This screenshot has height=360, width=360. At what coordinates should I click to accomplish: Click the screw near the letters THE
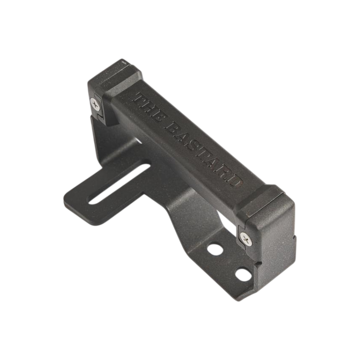pos(95,104)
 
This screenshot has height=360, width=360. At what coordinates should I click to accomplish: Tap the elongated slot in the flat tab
pos(119,184)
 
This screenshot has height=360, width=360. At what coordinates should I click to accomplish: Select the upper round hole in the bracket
pos(215,249)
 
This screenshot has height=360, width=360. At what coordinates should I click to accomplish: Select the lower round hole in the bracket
pos(243,275)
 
